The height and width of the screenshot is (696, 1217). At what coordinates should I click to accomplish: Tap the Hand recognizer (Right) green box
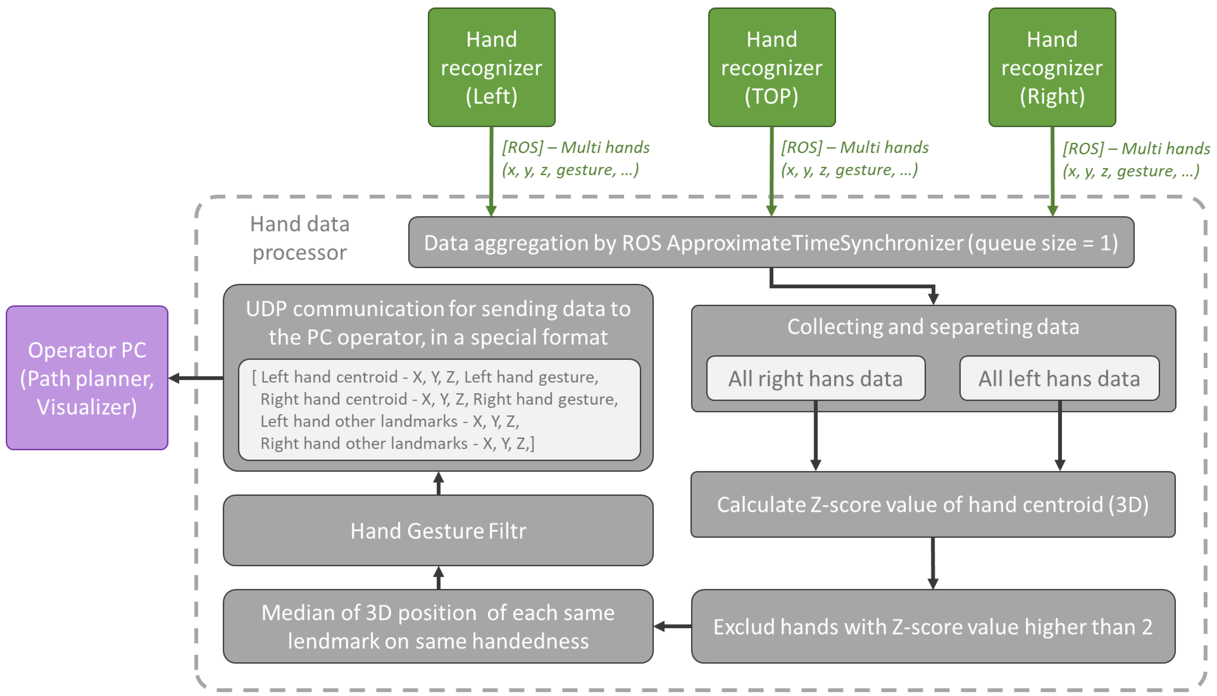click(1052, 67)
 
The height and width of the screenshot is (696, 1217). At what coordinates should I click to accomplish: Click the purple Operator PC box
click(87, 378)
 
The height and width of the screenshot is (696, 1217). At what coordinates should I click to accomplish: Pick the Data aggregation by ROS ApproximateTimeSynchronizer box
click(771, 243)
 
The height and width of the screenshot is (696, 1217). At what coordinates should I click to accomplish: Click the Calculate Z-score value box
click(932, 505)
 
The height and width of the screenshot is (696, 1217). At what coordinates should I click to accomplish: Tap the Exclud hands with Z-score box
click(932, 626)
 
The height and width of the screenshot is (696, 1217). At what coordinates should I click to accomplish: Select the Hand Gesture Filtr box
click(438, 530)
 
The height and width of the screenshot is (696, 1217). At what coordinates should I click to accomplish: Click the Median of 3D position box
click(438, 626)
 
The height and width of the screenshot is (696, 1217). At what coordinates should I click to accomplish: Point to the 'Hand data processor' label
click(300, 238)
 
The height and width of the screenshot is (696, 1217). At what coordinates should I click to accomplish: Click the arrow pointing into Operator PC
click(196, 378)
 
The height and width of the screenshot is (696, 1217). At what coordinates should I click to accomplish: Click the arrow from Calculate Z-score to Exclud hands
click(932, 563)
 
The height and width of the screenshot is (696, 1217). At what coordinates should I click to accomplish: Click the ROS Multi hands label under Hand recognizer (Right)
click(1136, 160)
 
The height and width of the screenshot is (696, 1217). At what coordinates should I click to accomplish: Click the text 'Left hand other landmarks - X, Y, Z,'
click(390, 421)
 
